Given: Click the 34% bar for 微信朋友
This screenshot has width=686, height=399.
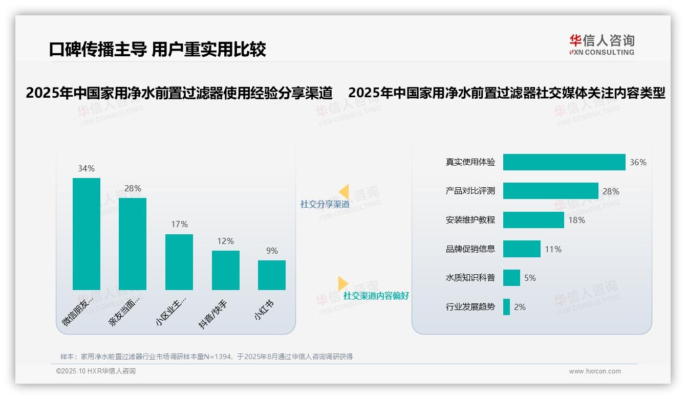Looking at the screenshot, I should click(87, 234).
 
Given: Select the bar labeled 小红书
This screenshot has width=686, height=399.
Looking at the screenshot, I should click(272, 275).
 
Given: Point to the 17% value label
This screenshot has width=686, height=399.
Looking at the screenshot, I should click(179, 224).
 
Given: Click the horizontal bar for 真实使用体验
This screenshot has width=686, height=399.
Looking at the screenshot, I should click(564, 162).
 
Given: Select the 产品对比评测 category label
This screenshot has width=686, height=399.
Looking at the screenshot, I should click(470, 191).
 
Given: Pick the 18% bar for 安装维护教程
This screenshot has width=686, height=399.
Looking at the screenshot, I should click(533, 220).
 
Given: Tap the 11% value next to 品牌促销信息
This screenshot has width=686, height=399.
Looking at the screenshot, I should click(553, 249).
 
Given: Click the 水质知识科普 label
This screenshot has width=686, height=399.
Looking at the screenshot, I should click(470, 278).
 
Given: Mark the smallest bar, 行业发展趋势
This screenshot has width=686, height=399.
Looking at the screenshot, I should click(506, 307).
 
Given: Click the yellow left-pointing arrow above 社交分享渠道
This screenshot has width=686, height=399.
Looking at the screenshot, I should click(344, 192).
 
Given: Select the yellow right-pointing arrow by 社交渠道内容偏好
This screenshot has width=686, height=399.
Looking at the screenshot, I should click(342, 283).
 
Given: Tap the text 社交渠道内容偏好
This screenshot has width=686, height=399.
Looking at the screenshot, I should click(376, 296).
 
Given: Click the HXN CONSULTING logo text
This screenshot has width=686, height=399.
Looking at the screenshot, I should click(602, 52).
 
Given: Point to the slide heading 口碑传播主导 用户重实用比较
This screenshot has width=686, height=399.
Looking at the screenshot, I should click(158, 49).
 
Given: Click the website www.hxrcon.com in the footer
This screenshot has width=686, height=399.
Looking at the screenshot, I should click(594, 371).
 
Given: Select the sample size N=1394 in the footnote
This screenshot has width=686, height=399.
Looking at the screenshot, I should click(218, 357).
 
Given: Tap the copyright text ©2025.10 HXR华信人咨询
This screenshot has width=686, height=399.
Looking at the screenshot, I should click(96, 371).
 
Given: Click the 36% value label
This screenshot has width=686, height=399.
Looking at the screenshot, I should click(638, 162).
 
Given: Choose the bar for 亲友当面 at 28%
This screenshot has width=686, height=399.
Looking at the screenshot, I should click(133, 243).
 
